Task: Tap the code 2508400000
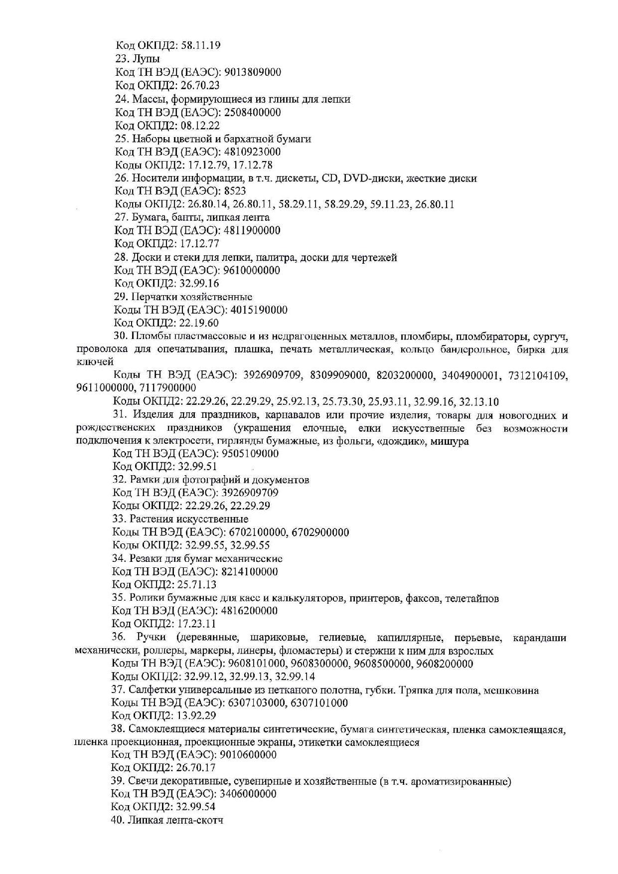point(253,112)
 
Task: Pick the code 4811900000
point(253,230)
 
